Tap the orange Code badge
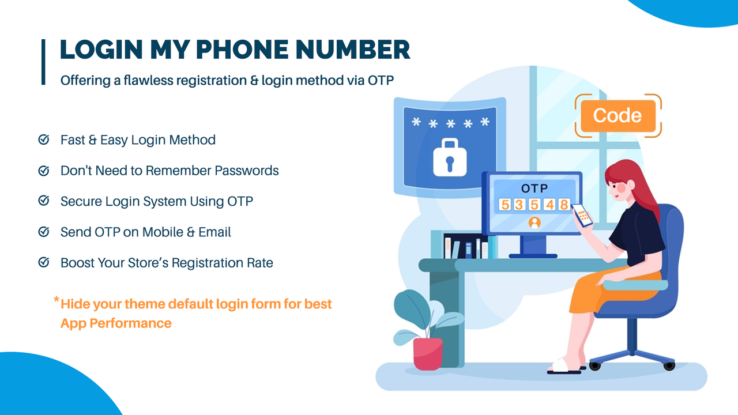point(617,116)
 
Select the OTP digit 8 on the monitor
point(563,205)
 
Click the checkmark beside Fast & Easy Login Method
point(43,140)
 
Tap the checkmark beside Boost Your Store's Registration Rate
point(43,263)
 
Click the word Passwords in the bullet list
point(247,171)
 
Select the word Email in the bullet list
point(214,232)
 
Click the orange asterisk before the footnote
point(56,300)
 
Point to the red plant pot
point(428,353)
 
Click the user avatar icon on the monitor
point(534,222)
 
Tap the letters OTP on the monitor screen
point(534,188)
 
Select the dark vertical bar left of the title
point(43,62)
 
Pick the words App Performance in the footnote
point(116,323)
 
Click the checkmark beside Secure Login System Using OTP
point(43,201)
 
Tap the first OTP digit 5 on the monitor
point(504,205)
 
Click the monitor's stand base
point(533,255)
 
